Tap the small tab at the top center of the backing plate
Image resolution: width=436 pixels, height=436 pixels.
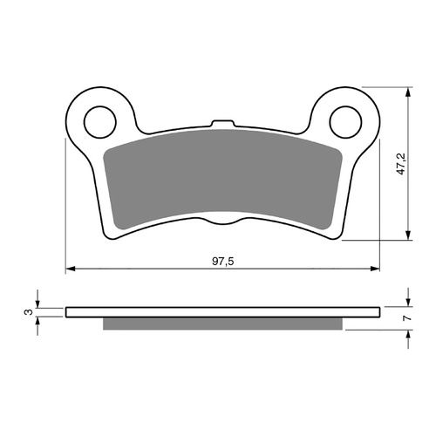coord(224,124)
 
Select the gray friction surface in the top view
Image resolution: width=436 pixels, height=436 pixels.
coord(224,179)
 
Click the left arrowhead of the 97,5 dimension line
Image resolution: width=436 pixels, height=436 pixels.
coord(70,267)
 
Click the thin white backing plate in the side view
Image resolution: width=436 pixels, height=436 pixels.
coord(224,311)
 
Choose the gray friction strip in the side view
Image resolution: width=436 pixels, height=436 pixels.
coord(224,324)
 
